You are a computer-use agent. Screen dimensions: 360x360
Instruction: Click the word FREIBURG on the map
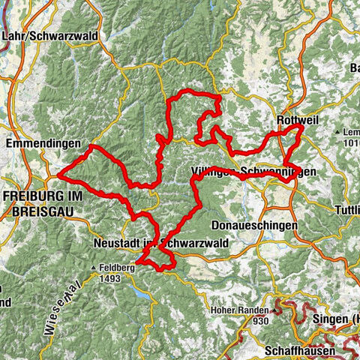(x=31, y=197)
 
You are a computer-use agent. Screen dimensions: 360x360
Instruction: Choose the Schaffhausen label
(x=295, y=350)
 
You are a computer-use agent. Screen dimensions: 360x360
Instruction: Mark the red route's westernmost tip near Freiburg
(x=58, y=176)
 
